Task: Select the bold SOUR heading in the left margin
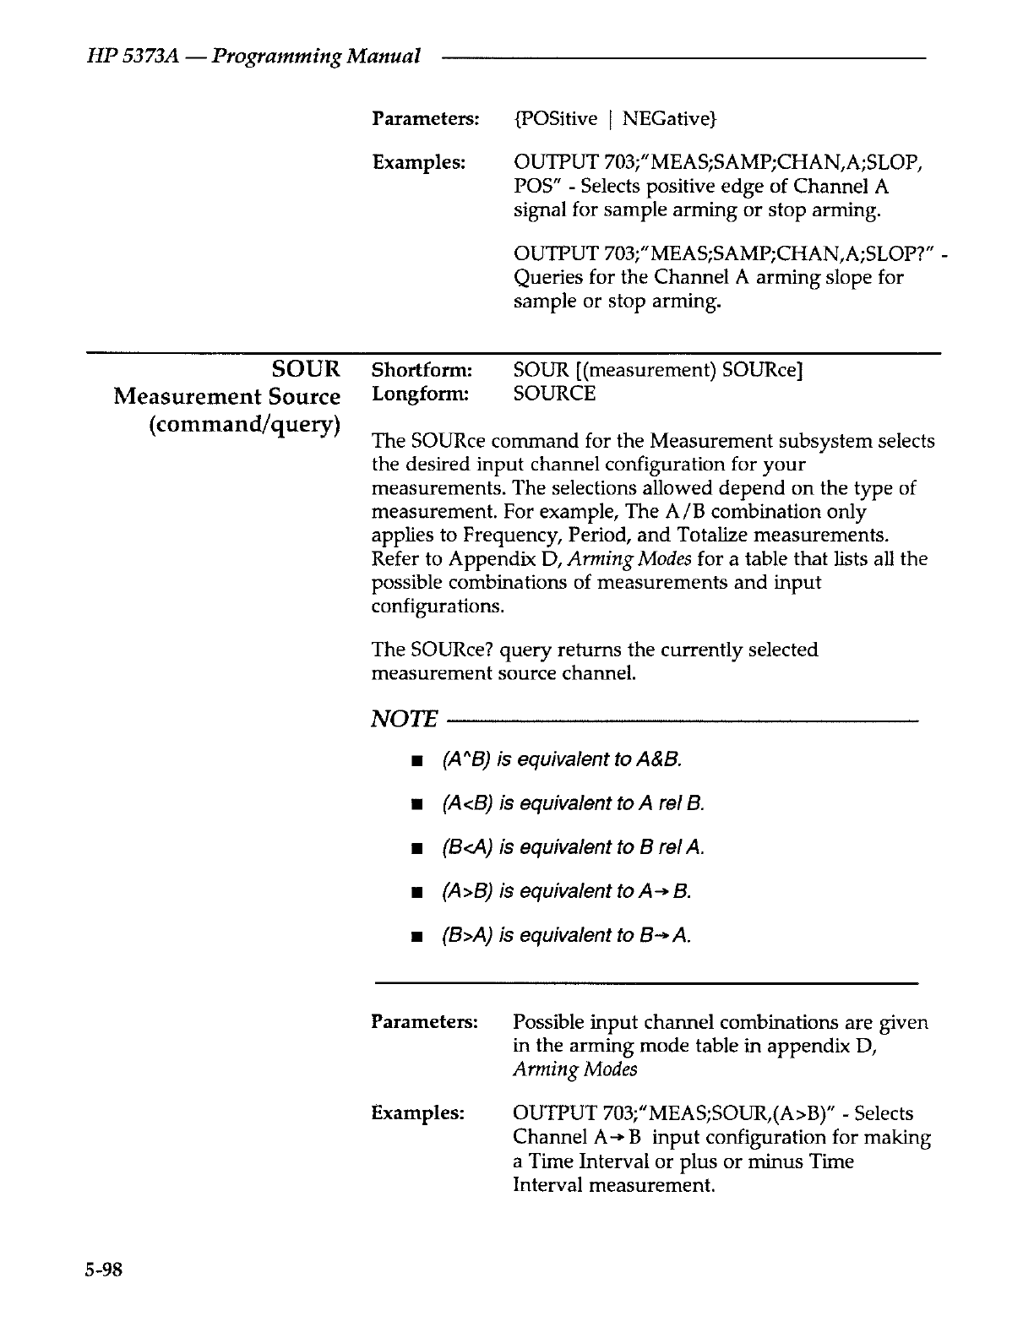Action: tap(307, 369)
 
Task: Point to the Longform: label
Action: tap(419, 394)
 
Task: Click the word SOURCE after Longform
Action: tap(554, 394)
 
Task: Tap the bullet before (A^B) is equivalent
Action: tap(416, 761)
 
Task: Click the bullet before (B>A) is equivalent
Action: tap(416, 937)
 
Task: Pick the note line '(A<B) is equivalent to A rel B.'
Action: tap(574, 803)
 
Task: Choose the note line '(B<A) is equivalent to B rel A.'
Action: tap(574, 847)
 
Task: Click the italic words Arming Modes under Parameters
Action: tap(574, 1069)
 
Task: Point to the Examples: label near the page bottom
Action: tap(418, 1113)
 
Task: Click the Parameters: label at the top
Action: tap(425, 118)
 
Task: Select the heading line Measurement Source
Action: tap(227, 396)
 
